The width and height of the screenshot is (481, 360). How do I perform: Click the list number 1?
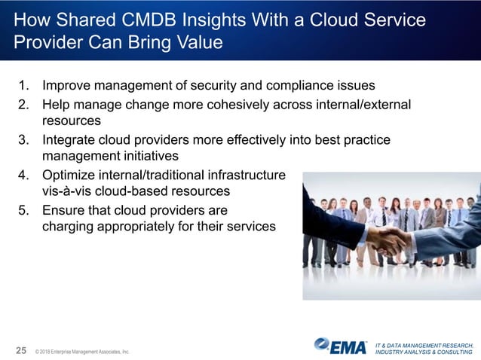pos(25,84)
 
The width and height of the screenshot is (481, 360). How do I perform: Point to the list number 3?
pos(25,140)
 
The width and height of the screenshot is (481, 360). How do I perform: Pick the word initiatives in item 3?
pos(149,157)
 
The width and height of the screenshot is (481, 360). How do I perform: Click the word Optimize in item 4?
pos(70,175)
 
